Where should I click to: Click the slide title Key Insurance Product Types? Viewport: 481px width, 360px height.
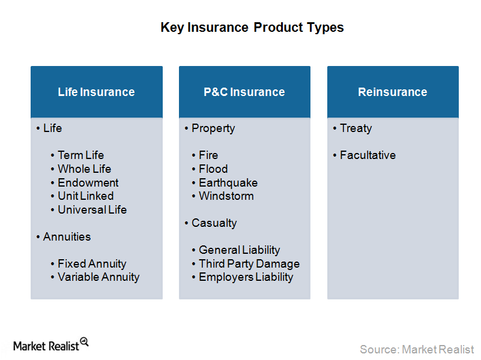(252, 28)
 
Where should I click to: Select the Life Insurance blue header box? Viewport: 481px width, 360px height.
(96, 92)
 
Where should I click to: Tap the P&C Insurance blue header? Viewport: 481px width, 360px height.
(244, 92)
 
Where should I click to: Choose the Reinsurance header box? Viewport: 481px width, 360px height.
(393, 92)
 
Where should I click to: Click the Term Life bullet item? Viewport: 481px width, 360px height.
(80, 155)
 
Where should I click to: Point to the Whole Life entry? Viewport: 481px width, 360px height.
(84, 169)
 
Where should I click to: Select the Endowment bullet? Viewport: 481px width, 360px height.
(88, 182)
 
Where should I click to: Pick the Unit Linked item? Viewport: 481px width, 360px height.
(85, 196)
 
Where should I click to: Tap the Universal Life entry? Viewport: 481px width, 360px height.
(92, 209)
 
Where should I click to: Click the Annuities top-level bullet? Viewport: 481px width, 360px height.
(67, 236)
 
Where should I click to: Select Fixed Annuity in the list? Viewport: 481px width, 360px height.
(92, 263)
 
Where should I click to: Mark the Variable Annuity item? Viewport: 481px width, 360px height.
(98, 277)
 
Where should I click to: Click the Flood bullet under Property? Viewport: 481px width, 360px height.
(213, 169)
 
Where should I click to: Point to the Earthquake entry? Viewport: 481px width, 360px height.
(228, 182)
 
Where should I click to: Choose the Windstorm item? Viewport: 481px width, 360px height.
(226, 196)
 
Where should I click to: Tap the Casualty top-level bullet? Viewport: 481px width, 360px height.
(214, 223)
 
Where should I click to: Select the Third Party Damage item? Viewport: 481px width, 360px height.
(249, 263)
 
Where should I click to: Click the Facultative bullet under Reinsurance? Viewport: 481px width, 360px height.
(368, 155)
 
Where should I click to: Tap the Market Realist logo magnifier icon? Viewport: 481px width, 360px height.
(84, 342)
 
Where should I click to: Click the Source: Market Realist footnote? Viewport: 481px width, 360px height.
(417, 349)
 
